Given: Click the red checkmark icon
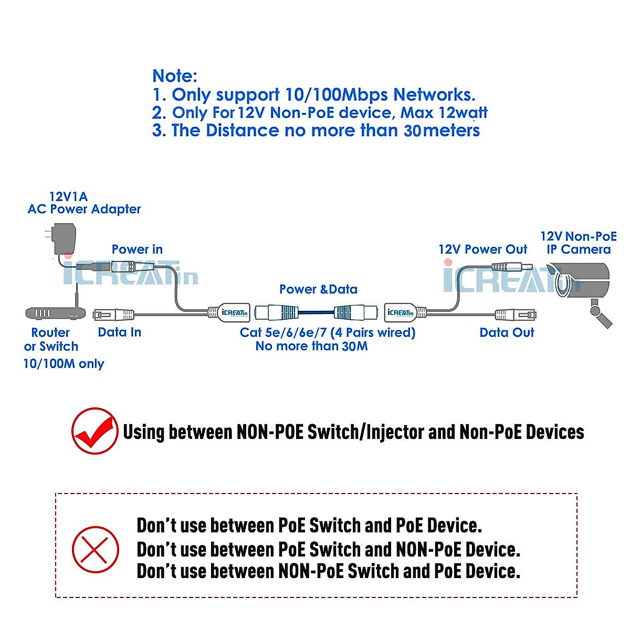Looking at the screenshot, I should pyautogui.click(x=94, y=431).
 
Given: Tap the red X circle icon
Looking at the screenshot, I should pyautogui.click(x=95, y=550).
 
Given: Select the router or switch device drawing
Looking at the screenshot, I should pyautogui.click(x=55, y=313).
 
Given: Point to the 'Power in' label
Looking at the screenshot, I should pyautogui.click(x=137, y=249).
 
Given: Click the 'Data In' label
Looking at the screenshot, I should pyautogui.click(x=119, y=332).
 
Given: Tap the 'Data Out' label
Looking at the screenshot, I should pyautogui.click(x=507, y=332).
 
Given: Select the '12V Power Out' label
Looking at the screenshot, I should pyautogui.click(x=482, y=249).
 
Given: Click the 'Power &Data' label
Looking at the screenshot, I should pyautogui.click(x=318, y=289).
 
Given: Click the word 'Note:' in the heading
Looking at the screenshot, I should pyautogui.click(x=175, y=76).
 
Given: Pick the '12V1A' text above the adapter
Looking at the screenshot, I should pyautogui.click(x=68, y=197).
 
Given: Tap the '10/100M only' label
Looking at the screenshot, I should pyautogui.click(x=64, y=363).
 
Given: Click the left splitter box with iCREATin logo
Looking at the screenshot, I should pyautogui.click(x=230, y=313).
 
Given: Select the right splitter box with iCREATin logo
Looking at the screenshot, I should pyautogui.click(x=403, y=313).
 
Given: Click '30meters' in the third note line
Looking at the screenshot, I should pyautogui.click(x=442, y=130).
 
